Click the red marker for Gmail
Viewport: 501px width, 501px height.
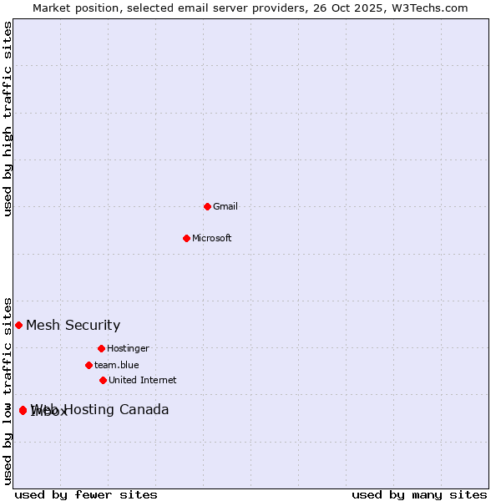207,206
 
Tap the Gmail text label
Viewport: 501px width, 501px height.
225,207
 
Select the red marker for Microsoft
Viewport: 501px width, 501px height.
186,238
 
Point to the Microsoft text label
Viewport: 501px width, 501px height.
212,239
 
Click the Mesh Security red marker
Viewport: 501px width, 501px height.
18,325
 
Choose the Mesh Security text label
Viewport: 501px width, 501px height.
73,326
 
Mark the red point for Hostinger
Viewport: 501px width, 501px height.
101,348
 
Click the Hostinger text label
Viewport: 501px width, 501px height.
128,349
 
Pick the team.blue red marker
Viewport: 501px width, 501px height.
89,365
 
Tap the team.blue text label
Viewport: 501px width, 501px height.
116,366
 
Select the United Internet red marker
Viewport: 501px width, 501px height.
103,380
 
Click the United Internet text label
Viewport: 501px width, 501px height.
142,381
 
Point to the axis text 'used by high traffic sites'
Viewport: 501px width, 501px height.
8,119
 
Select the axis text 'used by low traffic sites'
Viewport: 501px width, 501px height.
8,390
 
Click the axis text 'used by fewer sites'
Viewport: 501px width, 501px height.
86,495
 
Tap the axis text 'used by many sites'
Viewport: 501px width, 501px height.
419,495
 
